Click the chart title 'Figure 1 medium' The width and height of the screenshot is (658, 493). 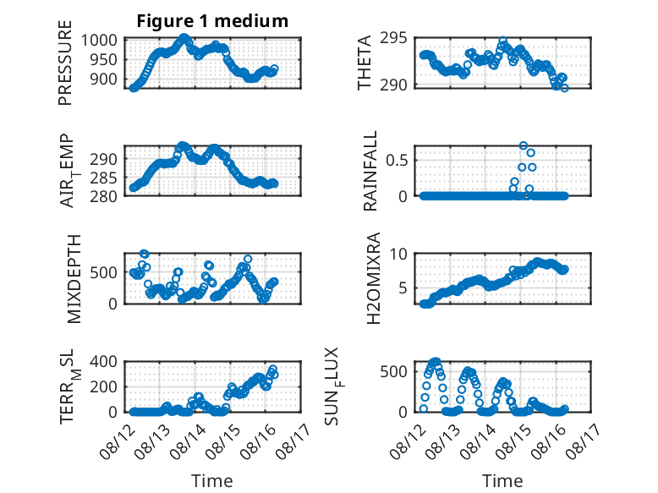coord(212,20)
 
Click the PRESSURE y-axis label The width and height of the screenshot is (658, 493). coord(65,63)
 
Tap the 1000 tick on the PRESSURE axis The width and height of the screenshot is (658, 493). coord(99,41)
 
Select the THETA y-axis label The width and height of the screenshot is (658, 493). coord(365,63)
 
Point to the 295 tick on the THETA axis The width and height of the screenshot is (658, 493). coord(393,38)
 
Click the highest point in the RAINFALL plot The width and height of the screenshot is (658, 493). coord(524,145)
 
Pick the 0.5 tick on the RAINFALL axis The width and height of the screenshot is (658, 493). coord(397,160)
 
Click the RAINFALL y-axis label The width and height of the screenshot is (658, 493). coord(370,170)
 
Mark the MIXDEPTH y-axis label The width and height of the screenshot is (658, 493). coord(74,278)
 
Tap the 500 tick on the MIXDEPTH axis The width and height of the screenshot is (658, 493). coord(103,272)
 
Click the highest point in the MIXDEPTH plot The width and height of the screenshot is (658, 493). coord(145,254)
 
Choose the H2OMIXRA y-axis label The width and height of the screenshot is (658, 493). coord(373,278)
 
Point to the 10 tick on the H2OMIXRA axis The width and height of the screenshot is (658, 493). coord(398,254)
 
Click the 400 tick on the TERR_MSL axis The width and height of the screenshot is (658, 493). coord(103,361)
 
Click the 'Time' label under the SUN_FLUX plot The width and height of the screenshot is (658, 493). coord(502,480)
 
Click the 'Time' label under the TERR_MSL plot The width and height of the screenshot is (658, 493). coord(212,480)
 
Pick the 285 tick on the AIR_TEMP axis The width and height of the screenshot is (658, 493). coord(103,178)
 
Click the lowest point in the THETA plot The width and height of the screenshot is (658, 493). coord(564,88)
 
